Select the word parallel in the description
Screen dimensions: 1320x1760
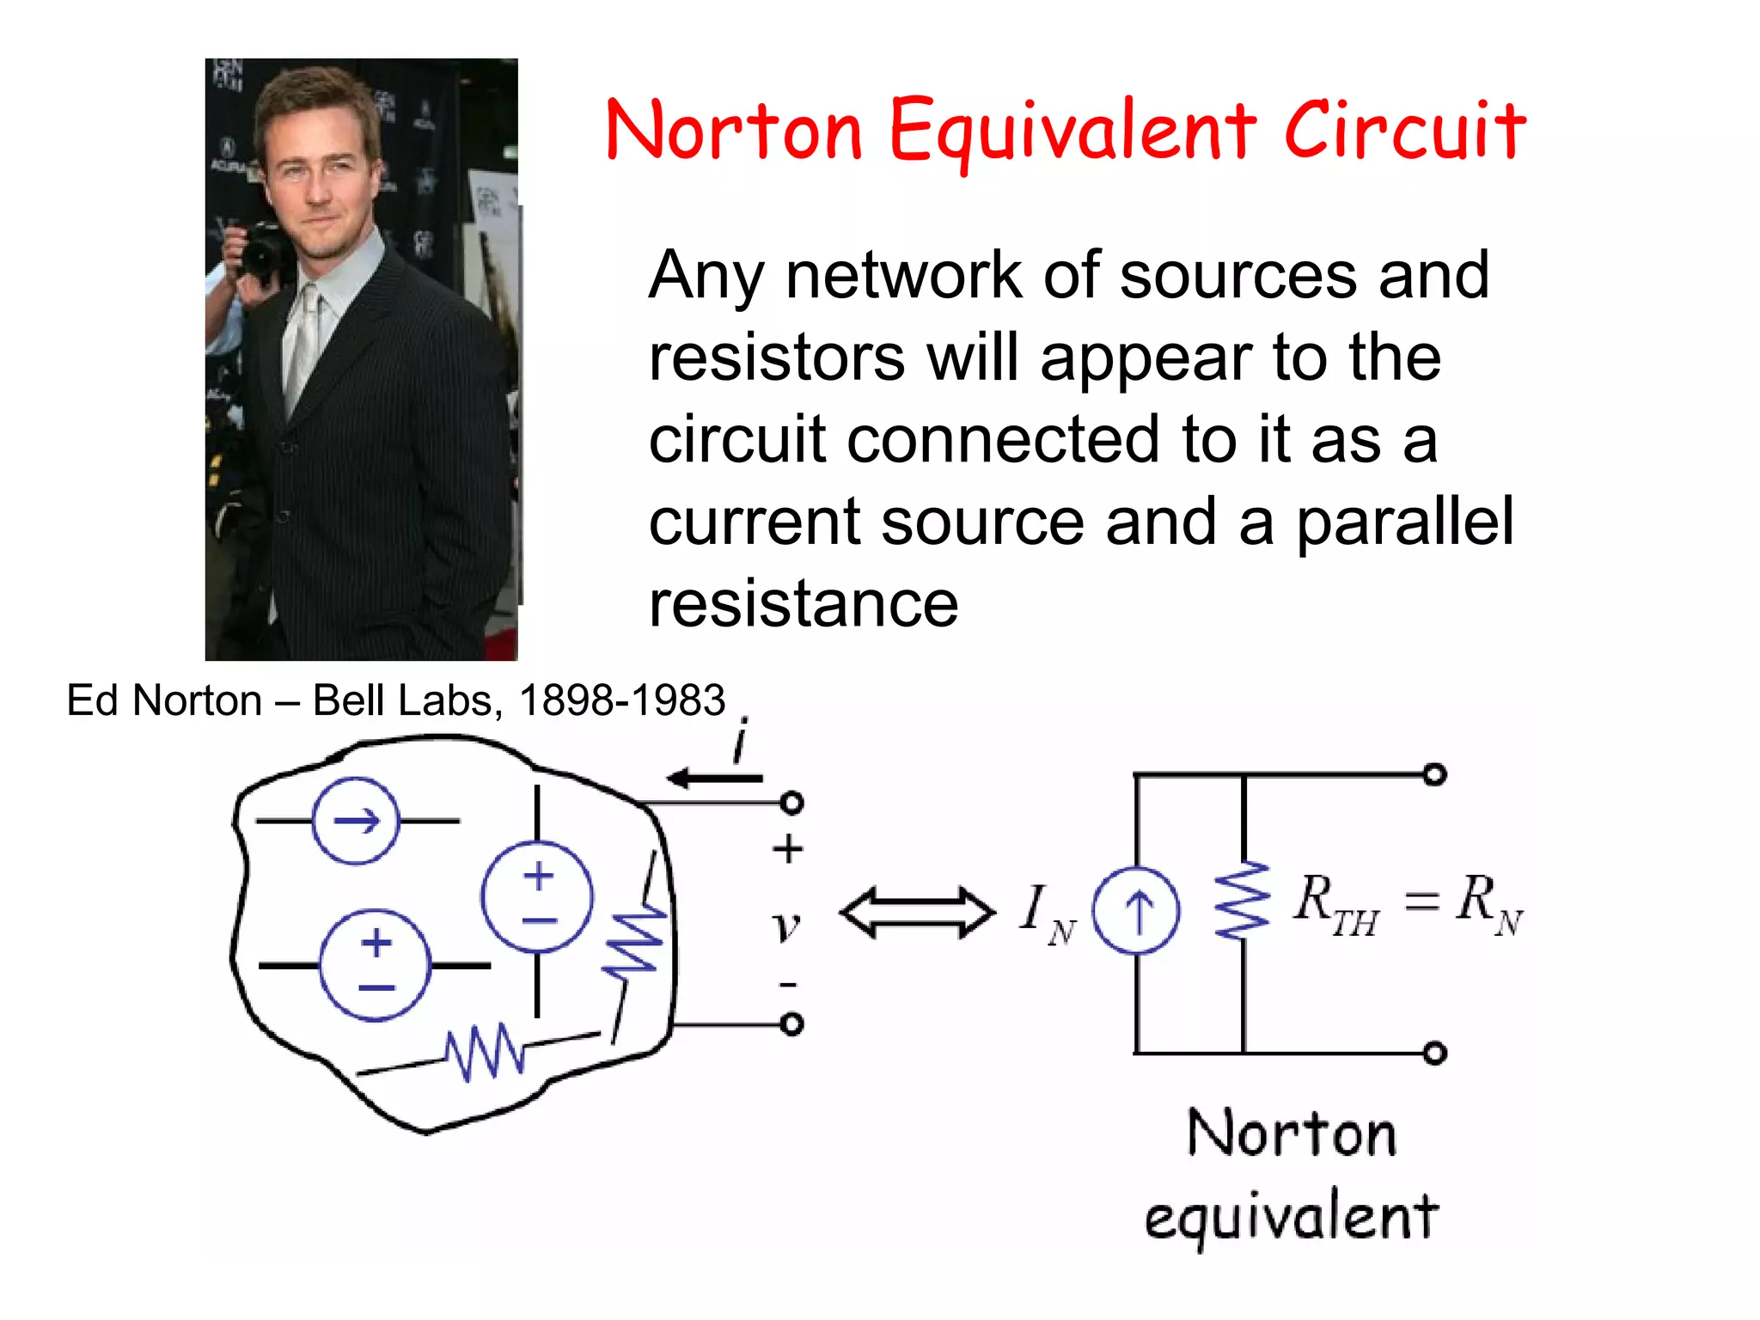pos(1404,522)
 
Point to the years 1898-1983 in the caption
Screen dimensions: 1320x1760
pos(622,700)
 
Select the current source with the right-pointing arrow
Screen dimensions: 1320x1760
pos(356,821)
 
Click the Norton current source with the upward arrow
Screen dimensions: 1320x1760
pos(1136,911)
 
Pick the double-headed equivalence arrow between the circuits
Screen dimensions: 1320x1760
pos(917,913)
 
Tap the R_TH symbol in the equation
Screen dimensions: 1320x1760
pos(1335,906)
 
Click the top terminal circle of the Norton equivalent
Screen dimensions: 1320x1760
pos(1434,775)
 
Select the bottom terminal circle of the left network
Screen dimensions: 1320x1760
pos(791,1024)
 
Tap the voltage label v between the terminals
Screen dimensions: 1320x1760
pos(785,926)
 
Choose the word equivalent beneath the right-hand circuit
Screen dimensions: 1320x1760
pos(1291,1217)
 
